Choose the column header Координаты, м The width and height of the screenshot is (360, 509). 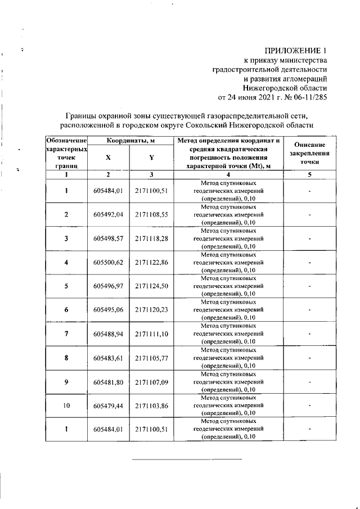[x=131, y=140]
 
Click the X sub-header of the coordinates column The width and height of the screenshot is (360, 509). [x=108, y=157]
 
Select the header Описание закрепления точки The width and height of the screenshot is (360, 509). [x=309, y=153]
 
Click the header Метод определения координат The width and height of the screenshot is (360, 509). [x=228, y=140]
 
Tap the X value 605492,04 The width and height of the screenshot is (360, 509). [x=108, y=215]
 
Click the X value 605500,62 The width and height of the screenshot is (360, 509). [x=108, y=262]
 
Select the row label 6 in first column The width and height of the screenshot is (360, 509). [x=66, y=309]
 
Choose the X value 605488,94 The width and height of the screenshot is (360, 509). [x=108, y=334]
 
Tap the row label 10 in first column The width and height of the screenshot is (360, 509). [x=66, y=405]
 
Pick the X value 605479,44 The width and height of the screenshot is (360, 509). [x=108, y=405]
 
